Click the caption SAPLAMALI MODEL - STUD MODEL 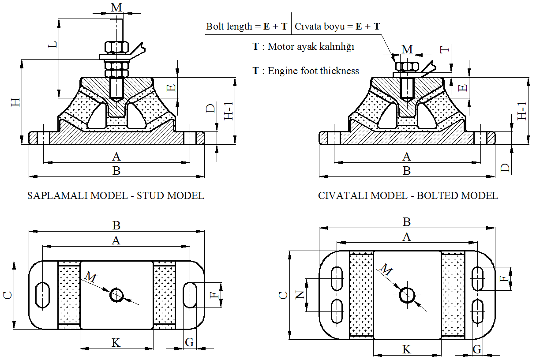pyautogui.click(x=116, y=195)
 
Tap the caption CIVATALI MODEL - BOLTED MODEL pyautogui.click(x=408, y=195)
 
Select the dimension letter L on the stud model pyautogui.click(x=52, y=45)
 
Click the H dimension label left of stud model pyautogui.click(x=15, y=102)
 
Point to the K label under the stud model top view pyautogui.click(x=116, y=342)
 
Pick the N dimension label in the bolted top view pyautogui.click(x=300, y=295)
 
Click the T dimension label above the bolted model pyautogui.click(x=445, y=49)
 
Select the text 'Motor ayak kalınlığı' pyautogui.click(x=311, y=46)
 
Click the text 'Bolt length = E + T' pyautogui.click(x=248, y=26)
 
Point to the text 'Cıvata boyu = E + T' pyautogui.click(x=337, y=26)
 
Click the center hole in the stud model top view pyautogui.click(x=117, y=295)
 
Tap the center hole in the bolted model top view pyautogui.click(x=407, y=295)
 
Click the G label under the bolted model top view pyautogui.click(x=477, y=349)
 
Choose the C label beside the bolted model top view pyautogui.click(x=284, y=295)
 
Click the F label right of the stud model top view pyautogui.click(x=215, y=295)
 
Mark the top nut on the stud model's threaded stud pyautogui.click(x=116, y=47)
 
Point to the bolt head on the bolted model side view pyautogui.click(x=407, y=66)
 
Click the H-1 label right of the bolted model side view pyautogui.click(x=522, y=111)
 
